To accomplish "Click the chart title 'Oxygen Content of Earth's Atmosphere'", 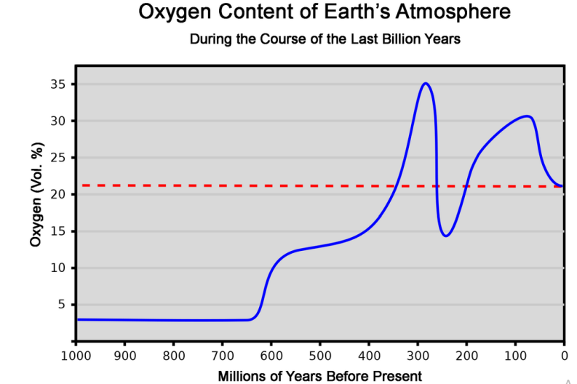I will [324, 13].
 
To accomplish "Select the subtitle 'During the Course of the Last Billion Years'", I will [325, 39].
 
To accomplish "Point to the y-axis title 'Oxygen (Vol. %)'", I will [36, 194].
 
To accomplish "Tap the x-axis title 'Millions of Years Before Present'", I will [319, 375].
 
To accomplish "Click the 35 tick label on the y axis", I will [59, 84].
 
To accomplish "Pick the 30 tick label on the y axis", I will [59, 121].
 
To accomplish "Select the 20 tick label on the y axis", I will [59, 194].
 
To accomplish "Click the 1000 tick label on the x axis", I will [76, 356].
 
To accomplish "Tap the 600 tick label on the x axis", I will [271, 356].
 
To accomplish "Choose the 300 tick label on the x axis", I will [418, 356].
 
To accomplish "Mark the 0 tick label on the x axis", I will [564, 356].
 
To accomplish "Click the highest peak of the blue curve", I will [426, 83].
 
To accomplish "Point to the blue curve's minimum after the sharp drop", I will [446, 236].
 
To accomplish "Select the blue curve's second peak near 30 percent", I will [527, 116].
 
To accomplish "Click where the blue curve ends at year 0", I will [563, 186].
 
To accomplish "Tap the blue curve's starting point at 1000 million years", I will [76, 319].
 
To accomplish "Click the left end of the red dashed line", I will [77, 185].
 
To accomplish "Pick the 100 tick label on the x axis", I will [515, 356].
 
